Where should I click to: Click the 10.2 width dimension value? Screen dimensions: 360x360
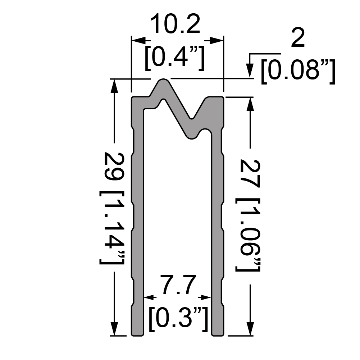tap(175, 24)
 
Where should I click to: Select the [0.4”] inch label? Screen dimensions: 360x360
tap(174, 58)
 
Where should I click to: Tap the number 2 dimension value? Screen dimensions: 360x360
tap(298, 38)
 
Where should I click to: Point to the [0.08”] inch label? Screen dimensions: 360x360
tap(298, 72)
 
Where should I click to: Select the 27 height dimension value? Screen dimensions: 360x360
tap(250, 174)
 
